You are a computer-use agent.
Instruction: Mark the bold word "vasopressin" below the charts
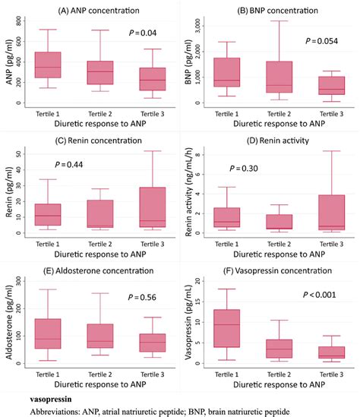pos(43,396)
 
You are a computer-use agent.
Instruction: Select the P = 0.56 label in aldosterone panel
pos(142,298)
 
